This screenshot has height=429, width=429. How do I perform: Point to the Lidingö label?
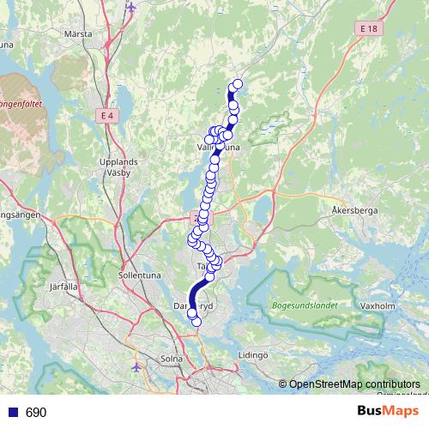[255, 353]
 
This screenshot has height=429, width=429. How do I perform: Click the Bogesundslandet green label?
[301, 305]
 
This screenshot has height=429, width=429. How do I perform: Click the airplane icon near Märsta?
[130, 8]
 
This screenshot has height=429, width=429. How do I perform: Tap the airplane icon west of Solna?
[137, 367]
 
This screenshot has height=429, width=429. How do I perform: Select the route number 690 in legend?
[36, 413]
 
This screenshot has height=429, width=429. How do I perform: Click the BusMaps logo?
[382, 412]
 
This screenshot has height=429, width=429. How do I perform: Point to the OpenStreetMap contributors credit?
[354, 384]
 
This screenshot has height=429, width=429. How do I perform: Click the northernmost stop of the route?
[238, 84]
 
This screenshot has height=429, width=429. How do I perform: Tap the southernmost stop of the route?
[196, 322]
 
